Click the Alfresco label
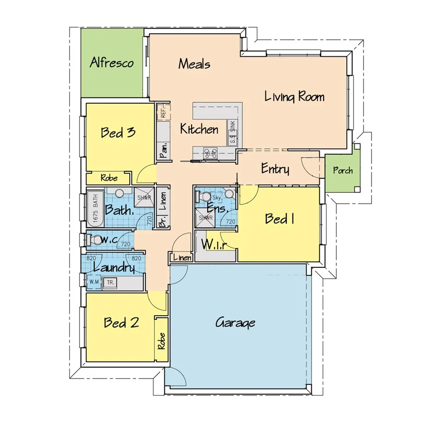click(112, 63)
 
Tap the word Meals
click(194, 64)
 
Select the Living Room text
click(294, 97)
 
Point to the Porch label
click(343, 170)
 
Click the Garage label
click(235, 323)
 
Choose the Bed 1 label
click(280, 219)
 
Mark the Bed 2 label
click(121, 323)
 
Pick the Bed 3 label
click(118, 132)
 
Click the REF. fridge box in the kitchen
click(163, 113)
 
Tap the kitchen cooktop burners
click(210, 153)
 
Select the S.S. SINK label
click(232, 132)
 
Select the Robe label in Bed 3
click(108, 178)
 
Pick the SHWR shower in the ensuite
click(205, 218)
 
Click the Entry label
click(275, 169)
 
